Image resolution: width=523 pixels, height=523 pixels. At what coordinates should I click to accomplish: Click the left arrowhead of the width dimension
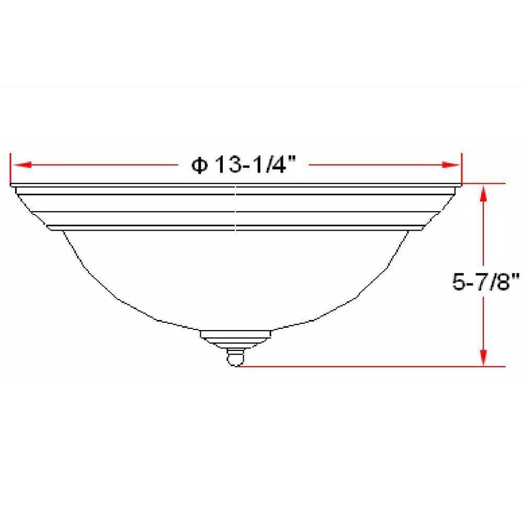21,165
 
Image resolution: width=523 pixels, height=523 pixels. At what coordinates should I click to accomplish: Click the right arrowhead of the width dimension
451,165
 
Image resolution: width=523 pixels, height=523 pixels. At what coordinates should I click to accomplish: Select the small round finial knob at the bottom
236,358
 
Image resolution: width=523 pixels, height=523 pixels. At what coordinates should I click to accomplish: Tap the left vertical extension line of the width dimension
11,170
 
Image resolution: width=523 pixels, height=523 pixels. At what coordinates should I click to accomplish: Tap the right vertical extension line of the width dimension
461,170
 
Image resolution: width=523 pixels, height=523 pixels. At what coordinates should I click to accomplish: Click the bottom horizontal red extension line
366,366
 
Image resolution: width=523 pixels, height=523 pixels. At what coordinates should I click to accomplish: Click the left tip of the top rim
13,187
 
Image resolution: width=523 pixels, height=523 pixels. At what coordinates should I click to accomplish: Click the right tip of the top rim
460,187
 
